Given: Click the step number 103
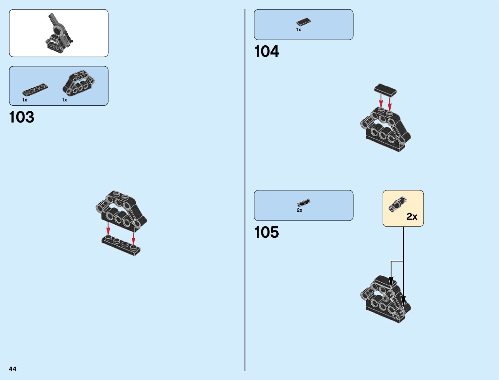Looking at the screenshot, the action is (x=22, y=117).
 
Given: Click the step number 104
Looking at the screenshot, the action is (x=266, y=52).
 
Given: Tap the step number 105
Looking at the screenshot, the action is (x=266, y=233).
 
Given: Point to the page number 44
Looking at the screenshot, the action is (x=12, y=369).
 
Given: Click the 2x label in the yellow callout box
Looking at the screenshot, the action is (x=412, y=217).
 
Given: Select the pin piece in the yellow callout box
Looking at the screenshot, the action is (x=397, y=205).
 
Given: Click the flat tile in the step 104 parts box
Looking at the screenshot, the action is (x=303, y=22).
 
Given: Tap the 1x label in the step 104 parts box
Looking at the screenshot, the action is (x=298, y=30).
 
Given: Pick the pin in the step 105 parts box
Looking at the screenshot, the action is (x=303, y=203).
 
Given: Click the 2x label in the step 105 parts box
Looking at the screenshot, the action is (x=299, y=211).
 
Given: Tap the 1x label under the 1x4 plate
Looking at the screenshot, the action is (x=25, y=100).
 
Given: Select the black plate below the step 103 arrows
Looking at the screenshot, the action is (x=121, y=245).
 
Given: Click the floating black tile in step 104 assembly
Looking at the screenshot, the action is (x=386, y=90).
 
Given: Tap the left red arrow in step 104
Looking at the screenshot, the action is (x=381, y=103).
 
